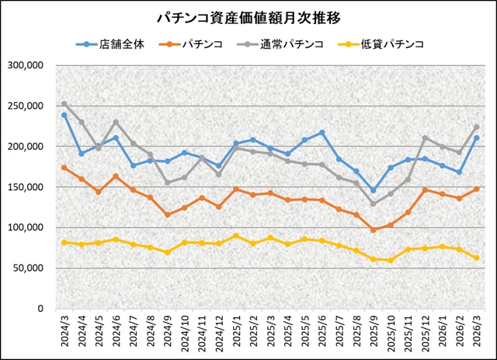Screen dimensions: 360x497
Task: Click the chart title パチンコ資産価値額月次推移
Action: pos(248,17)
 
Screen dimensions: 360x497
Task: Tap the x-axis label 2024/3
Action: pos(64,331)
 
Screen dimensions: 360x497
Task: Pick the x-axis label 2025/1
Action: pos(236,331)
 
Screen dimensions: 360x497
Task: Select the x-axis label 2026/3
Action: pos(477,331)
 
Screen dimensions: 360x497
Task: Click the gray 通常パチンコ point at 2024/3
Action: pos(64,104)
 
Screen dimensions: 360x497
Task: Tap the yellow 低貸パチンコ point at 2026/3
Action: pos(477,258)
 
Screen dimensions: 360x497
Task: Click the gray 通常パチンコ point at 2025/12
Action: pos(426,138)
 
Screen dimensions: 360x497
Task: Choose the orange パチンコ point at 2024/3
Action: pos(64,168)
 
